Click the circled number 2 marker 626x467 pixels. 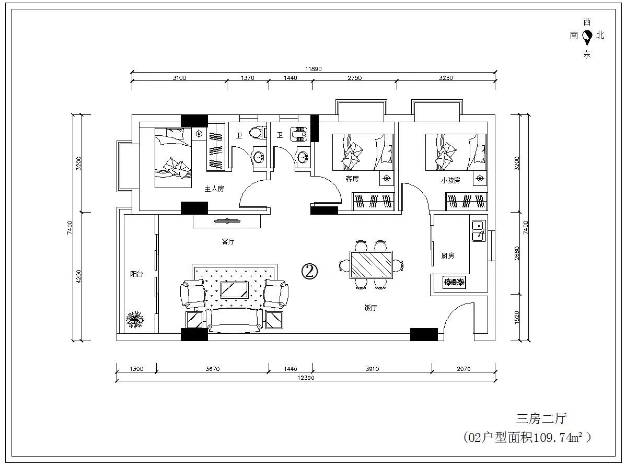pos(309,272)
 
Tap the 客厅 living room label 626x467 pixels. pos(228,241)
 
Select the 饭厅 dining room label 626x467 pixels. pos(370,308)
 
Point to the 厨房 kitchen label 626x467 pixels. pos(447,255)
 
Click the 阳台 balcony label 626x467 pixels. pos(136,274)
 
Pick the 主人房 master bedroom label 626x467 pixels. pos(214,189)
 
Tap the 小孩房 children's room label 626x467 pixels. pos(450,180)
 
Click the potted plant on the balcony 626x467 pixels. pos(135,320)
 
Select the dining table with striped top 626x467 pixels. pos(372,264)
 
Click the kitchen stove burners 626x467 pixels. pos(454,282)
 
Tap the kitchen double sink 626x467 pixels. pos(479,231)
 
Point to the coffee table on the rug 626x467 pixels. pos(234,290)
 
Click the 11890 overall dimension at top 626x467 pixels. pos(314,69)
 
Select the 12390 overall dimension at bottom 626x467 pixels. pos(306,378)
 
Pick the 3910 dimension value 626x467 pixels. pos(372,369)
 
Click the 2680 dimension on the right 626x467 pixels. pos(517,253)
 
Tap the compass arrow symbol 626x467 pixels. pos(587,38)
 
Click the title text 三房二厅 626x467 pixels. pos(541,418)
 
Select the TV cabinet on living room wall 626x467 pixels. pos(227,221)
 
